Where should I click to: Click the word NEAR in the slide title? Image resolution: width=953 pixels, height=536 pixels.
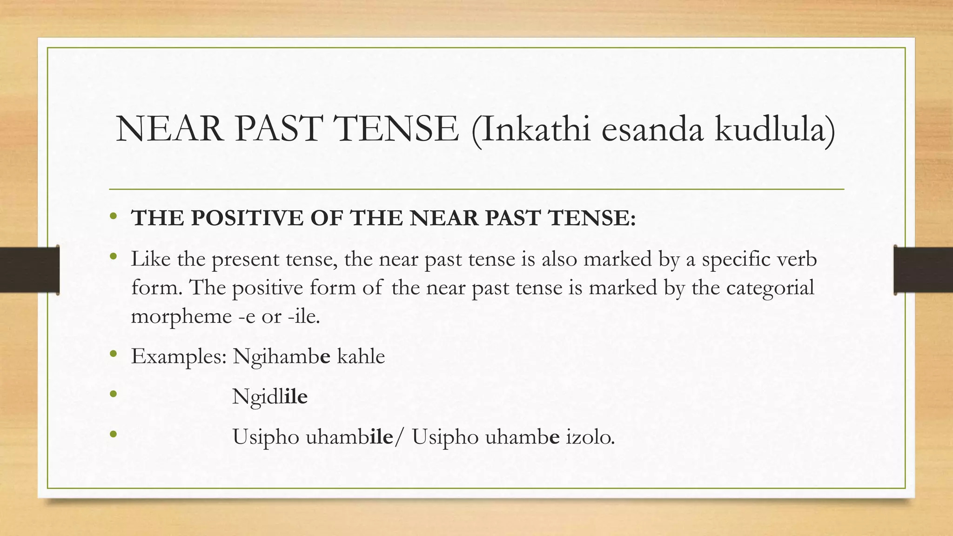[169, 129]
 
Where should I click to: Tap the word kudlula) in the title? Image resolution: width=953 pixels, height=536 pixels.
[775, 129]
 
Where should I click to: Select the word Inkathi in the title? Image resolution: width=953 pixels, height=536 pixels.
[531, 129]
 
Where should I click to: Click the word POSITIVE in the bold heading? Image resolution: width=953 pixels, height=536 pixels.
[247, 218]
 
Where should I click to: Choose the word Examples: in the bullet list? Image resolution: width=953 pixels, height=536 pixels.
[179, 356]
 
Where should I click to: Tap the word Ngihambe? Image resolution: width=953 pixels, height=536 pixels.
[282, 357]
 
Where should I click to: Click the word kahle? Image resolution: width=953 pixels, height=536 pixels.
[361, 356]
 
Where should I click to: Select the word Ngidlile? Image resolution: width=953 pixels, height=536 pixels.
[270, 397]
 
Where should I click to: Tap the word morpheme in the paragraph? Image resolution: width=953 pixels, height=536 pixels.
[181, 317]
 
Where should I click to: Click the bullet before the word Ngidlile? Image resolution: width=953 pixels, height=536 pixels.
[113, 395]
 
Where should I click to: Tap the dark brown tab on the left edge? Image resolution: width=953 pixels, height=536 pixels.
[29, 270]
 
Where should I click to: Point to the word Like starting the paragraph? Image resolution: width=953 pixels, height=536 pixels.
[150, 259]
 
